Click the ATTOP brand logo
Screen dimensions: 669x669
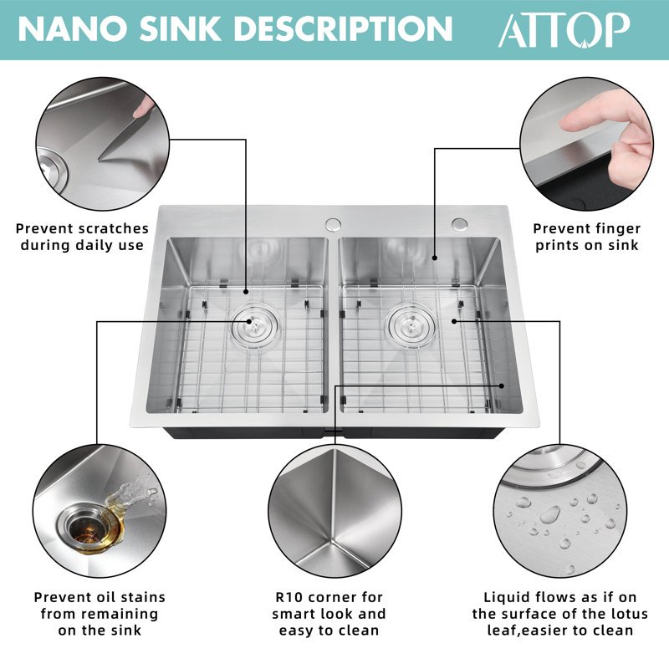tap(564, 29)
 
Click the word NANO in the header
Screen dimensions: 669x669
tap(73, 28)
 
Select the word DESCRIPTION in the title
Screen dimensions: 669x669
tap(343, 28)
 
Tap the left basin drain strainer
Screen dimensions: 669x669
tap(255, 324)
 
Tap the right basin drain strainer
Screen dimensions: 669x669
tap(411, 325)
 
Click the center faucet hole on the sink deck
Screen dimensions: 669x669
tap(333, 225)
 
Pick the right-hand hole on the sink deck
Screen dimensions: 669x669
tap(459, 223)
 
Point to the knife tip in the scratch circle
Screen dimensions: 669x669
tap(99, 160)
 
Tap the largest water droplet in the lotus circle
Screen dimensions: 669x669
tap(550, 515)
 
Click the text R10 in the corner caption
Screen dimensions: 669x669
tap(289, 597)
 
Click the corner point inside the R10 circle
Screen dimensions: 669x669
tap(332, 541)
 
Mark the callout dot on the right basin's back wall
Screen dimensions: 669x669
tap(435, 258)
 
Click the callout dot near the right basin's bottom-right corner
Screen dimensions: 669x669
tap(502, 386)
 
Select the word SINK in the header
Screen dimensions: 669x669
tap(181, 28)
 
